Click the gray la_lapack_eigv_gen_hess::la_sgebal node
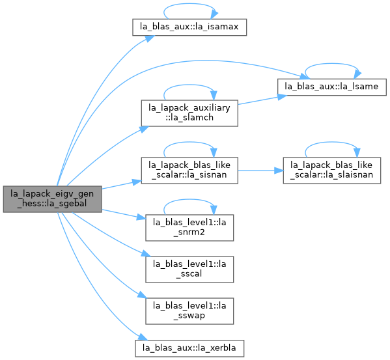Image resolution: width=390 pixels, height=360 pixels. pos(53,199)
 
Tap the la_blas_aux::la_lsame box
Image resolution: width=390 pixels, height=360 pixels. pos(332,87)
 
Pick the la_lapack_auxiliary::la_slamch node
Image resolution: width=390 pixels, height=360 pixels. pos(189,113)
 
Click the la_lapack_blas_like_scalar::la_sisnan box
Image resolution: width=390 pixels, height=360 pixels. pos(189,171)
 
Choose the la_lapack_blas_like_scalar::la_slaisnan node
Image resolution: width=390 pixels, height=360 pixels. pos(332,171)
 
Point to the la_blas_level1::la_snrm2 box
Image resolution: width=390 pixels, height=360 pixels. pos(189,228)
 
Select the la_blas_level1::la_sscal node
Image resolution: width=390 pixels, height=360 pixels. pos(189,270)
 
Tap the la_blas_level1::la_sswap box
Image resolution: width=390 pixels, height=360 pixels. pos(189,311)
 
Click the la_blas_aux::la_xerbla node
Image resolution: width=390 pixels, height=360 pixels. pos(189,348)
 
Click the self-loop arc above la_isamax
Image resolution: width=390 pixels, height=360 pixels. pos(189,4)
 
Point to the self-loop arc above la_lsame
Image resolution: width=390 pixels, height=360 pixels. pos(332,64)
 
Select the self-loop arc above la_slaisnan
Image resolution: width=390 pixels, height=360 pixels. pos(332,142)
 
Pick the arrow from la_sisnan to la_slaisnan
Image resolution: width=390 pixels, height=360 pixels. pos(260,171)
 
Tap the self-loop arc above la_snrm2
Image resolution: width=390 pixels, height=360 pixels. pos(189,199)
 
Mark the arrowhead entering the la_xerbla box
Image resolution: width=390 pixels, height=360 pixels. pos(143,337)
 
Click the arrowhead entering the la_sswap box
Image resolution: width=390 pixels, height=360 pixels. pos(143,295)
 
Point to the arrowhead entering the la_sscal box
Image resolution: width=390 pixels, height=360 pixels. pos(146,254)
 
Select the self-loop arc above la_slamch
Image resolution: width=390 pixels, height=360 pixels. pos(189,85)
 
